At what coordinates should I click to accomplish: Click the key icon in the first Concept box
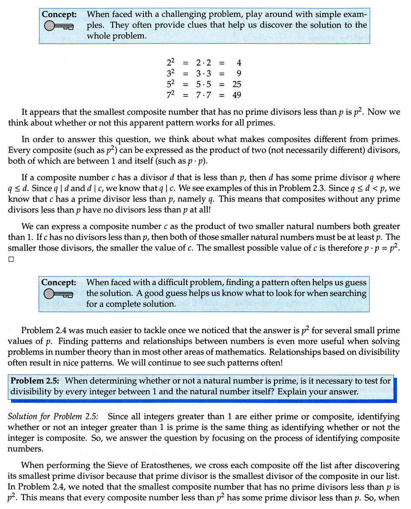(59, 27)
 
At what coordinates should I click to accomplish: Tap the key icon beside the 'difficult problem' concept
(59, 294)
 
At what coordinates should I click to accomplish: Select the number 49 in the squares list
(236, 94)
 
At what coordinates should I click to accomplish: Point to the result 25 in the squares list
(236, 84)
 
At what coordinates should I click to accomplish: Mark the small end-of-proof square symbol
(11, 259)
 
